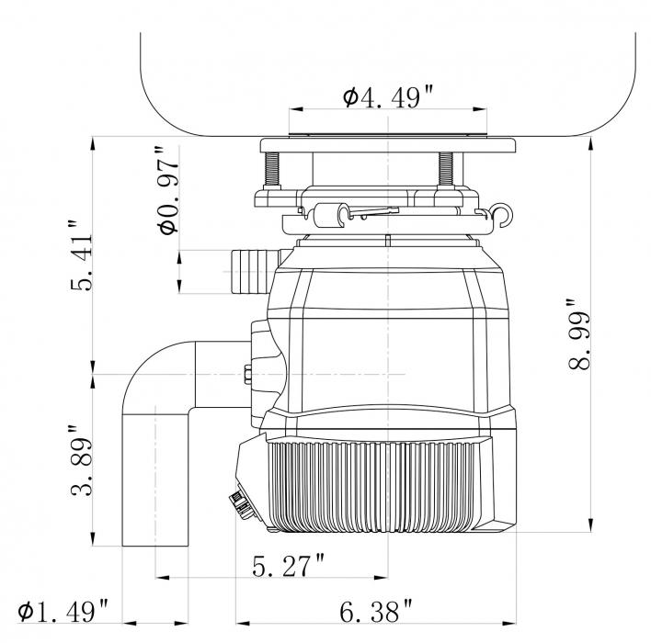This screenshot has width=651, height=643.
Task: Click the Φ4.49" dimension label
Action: [388, 96]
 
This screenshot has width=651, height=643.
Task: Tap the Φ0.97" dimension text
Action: [168, 190]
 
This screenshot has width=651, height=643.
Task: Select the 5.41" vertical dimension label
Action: [81, 255]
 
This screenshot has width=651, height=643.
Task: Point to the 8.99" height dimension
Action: [578, 333]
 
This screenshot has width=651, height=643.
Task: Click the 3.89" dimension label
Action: [81, 460]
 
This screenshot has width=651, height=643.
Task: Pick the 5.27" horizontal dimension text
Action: [289, 566]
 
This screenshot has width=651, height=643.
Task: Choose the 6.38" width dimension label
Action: [376, 611]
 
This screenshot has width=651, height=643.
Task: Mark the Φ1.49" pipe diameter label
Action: [63, 611]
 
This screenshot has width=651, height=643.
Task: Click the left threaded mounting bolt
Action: [271, 169]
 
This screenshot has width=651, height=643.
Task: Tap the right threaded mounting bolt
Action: [446, 169]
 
